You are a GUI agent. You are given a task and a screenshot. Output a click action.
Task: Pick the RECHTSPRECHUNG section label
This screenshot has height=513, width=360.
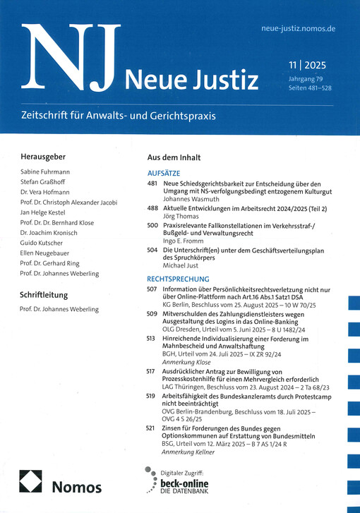(x=181, y=279)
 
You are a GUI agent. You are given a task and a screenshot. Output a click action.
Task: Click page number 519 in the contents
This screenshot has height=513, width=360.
(x=152, y=397)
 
